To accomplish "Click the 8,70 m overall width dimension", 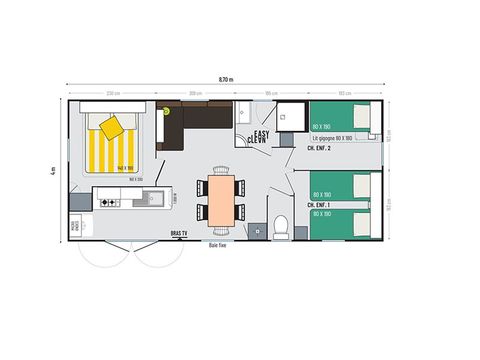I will coord(225,78).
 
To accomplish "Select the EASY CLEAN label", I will coord(260,138).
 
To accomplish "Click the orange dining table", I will coord(221,198).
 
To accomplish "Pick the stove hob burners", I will coord(109,201).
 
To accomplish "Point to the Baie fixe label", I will coord(220,245).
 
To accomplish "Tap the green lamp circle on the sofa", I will coord(166,112).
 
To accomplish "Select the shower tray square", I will coord(290,116).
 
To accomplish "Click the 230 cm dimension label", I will coord(114,94).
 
